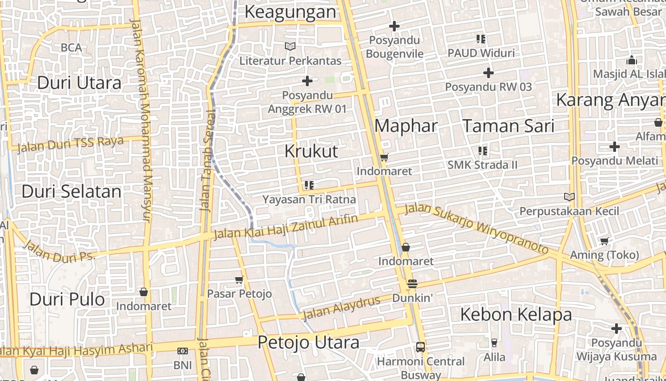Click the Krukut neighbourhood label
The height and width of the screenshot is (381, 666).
(311, 151)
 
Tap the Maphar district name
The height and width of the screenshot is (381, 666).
(406, 126)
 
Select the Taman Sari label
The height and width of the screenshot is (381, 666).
(509, 126)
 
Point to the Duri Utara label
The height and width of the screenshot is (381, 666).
(79, 83)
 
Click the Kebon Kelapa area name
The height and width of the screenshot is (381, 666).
(516, 315)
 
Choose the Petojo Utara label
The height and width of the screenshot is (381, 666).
(308, 342)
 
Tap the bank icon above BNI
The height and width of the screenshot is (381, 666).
(182, 351)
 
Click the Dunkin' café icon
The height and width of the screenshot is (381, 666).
(412, 284)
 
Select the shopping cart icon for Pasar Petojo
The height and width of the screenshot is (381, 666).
(239, 280)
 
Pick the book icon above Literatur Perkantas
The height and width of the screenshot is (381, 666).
(290, 47)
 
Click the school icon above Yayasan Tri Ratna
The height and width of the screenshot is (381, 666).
(309, 185)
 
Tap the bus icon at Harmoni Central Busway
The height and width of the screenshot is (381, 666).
(420, 347)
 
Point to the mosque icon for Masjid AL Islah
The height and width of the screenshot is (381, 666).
(631, 60)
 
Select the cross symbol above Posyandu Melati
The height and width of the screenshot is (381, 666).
(615, 147)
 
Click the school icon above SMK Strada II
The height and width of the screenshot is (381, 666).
(482, 151)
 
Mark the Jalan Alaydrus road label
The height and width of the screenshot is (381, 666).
(342, 307)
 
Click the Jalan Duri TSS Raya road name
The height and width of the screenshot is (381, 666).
(70, 144)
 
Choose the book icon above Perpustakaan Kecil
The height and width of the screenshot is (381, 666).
(569, 197)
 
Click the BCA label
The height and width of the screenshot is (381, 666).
(71, 48)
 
